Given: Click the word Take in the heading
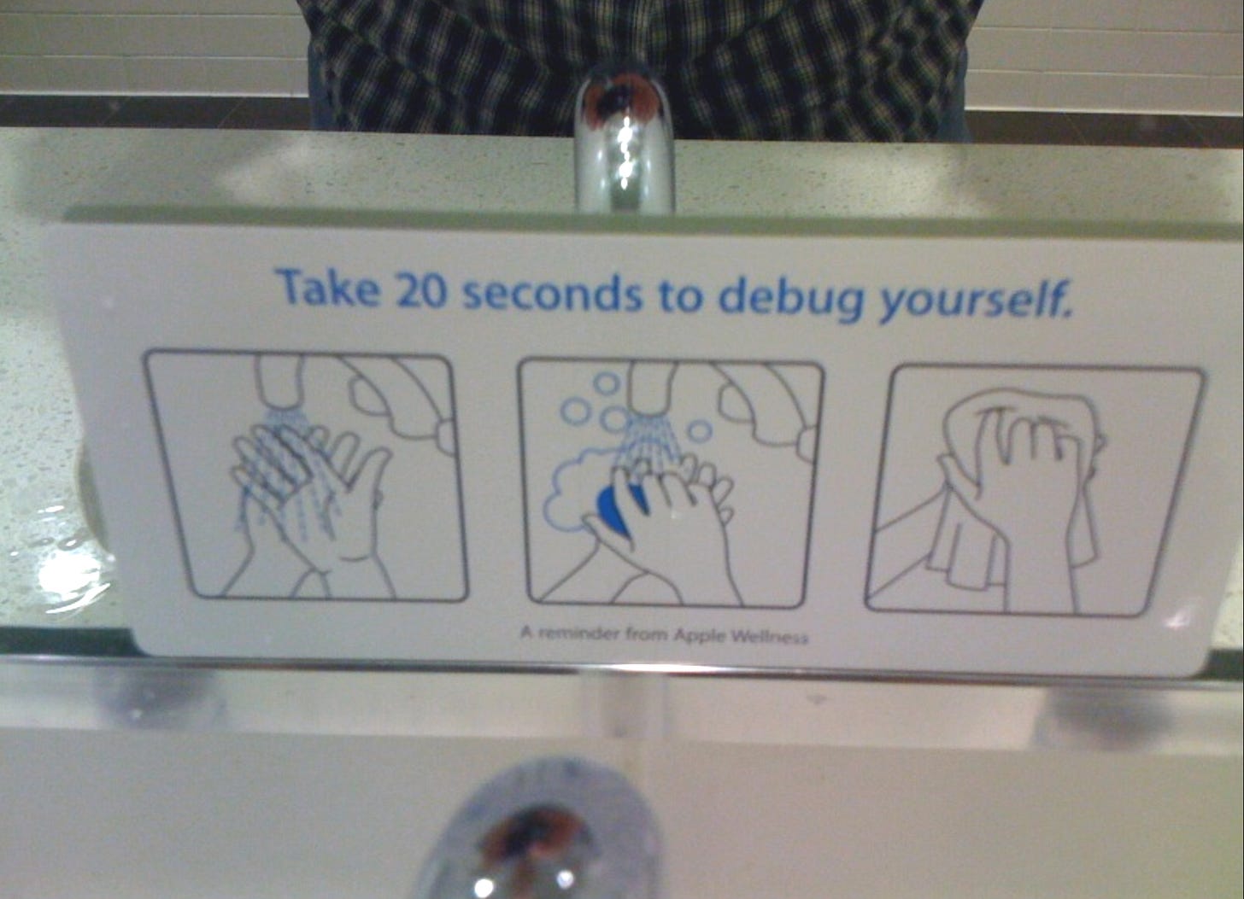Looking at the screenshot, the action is click(329, 288).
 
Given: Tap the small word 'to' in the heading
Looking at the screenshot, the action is click(680, 296).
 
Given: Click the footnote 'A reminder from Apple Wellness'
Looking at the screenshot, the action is click(664, 634).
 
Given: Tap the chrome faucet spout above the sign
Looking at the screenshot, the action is click(625, 138).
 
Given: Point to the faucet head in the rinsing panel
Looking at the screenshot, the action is click(279, 382).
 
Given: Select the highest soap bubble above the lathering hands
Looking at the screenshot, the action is click(606, 382).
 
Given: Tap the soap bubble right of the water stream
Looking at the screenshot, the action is click(701, 430).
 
